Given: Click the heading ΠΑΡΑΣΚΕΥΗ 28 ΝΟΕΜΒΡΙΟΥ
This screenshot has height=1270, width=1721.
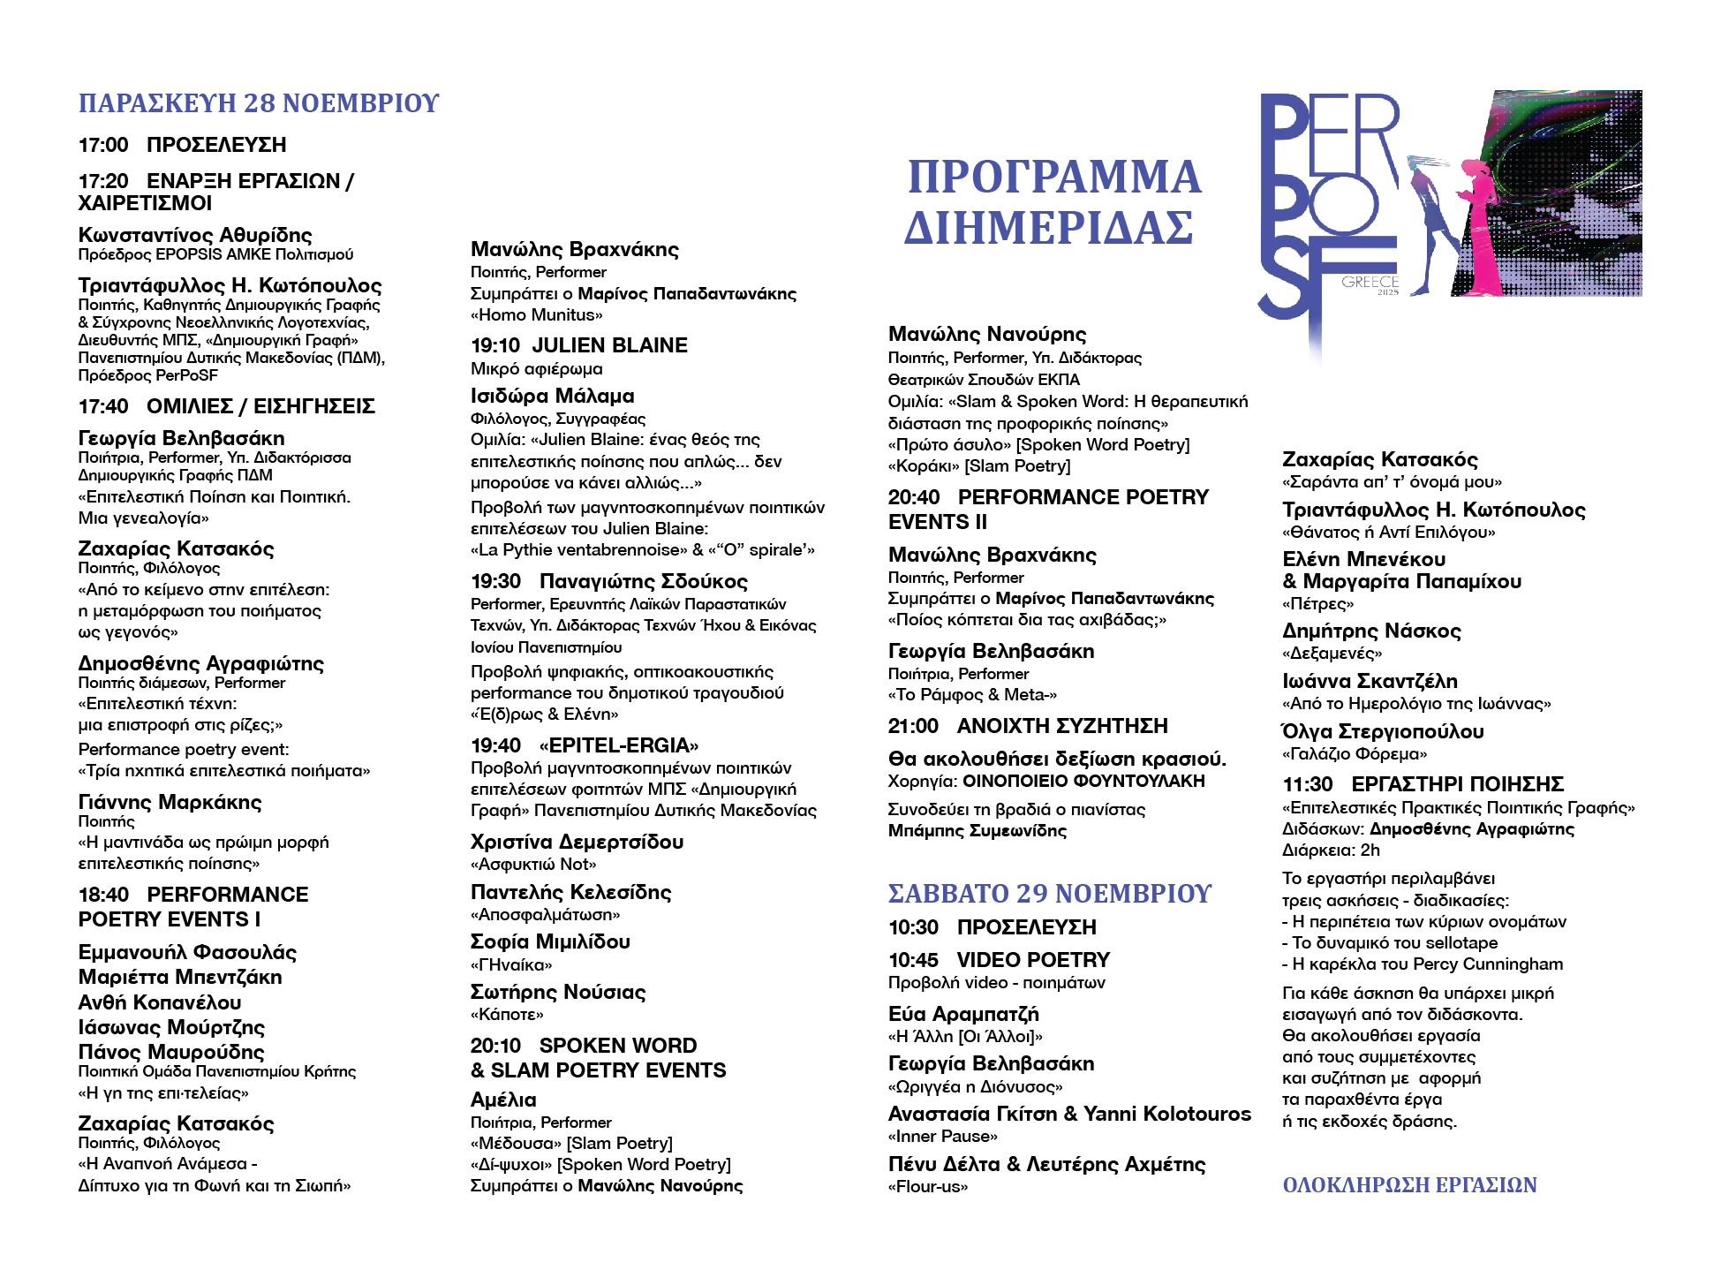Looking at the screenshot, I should tap(258, 103).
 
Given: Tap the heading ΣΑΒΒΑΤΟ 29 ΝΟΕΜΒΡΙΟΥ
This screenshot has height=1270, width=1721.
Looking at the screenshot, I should tap(1049, 894).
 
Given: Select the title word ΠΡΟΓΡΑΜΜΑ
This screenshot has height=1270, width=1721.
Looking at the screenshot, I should tap(1054, 178).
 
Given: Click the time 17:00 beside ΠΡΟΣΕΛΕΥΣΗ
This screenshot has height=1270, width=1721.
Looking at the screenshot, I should tap(103, 145).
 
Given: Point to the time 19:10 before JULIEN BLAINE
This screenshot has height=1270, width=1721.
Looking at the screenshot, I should tap(494, 345).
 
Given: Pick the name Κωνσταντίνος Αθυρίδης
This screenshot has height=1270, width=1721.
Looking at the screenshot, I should tap(195, 235).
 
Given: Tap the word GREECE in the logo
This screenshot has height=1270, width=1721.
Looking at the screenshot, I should tap(1370, 282).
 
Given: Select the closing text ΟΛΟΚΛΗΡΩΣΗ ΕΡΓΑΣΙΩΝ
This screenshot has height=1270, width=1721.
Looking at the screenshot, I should tap(1409, 1185).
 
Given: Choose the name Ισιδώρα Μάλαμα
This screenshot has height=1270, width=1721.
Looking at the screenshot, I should tap(553, 396).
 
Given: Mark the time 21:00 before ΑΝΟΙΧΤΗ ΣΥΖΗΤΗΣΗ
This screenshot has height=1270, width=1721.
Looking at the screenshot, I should tap(913, 726).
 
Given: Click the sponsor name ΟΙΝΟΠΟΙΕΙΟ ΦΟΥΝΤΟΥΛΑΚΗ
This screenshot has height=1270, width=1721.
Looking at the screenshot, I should tap(1083, 781).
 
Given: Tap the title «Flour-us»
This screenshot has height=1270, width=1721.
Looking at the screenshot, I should tap(928, 1186).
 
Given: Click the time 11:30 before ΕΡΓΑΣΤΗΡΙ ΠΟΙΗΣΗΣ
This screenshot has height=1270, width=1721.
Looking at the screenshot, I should tap(1307, 784).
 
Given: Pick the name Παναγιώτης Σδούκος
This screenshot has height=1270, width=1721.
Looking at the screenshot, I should tap(643, 581).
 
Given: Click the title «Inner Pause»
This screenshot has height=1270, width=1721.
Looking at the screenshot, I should tap(943, 1136).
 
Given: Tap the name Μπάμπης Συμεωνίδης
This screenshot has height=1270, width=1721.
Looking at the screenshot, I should tap(977, 830).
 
